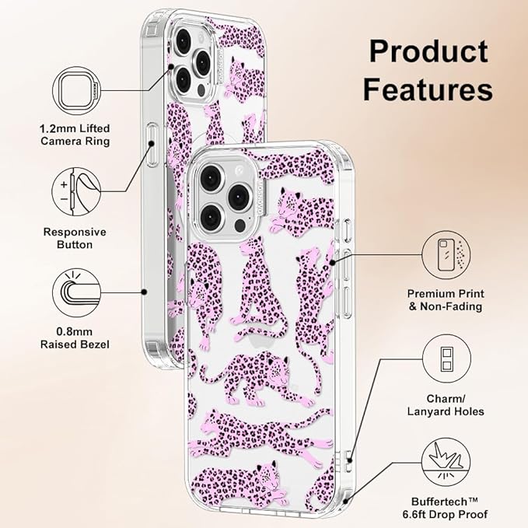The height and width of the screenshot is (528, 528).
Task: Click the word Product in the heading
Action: [428, 51]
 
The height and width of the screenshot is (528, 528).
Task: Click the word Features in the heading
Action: [428, 89]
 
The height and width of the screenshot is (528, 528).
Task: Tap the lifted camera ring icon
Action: [77, 90]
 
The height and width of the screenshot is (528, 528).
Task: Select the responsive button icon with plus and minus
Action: [76, 191]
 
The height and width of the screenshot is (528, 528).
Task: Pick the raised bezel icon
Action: [77, 292]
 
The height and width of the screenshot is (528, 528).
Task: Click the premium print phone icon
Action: [446, 255]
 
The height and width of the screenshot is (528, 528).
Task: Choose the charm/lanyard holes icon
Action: [446, 358]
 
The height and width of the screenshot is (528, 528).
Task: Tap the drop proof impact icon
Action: [446, 462]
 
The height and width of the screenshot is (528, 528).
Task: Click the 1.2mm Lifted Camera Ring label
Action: [75, 135]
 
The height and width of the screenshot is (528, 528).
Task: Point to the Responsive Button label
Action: [75, 238]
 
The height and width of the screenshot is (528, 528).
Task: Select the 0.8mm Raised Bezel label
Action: [75, 338]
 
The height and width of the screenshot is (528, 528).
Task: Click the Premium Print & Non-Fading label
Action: [446, 300]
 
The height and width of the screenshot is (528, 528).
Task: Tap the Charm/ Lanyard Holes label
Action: [446, 405]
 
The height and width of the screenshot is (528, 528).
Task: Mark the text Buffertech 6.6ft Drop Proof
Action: [445, 508]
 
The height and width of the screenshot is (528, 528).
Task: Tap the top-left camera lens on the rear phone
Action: [184, 41]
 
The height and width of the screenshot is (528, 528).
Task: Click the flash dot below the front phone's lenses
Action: [240, 226]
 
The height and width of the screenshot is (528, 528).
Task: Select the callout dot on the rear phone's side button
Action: [151, 144]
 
